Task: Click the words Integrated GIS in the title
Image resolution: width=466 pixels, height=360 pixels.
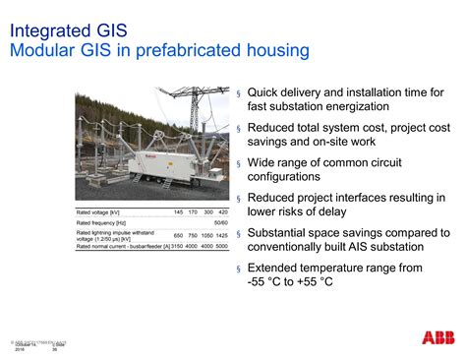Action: [x=67, y=29]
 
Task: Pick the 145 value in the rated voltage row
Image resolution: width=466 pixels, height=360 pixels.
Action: [x=178, y=212]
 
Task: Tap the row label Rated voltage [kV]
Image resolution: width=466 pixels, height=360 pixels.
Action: [x=98, y=212]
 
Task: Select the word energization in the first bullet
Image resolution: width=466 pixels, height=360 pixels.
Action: [x=351, y=106]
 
